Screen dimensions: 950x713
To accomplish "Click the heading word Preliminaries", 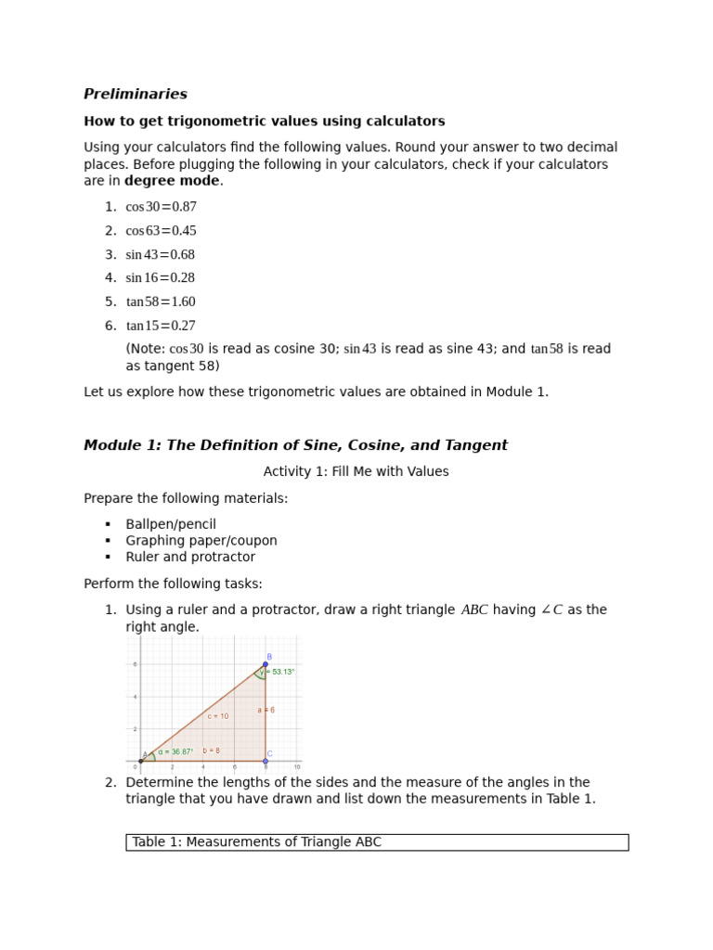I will (x=136, y=95).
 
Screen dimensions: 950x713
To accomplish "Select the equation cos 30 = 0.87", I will (x=162, y=207).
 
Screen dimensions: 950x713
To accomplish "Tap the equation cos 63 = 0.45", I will (x=162, y=231).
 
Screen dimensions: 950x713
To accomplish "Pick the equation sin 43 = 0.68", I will (x=161, y=254).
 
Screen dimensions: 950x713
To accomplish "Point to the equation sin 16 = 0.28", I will (x=161, y=278).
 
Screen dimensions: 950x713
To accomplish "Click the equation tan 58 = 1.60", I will (x=161, y=302).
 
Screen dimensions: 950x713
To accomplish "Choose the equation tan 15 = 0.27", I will (x=161, y=326).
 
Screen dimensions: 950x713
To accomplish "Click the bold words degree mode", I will (x=172, y=181).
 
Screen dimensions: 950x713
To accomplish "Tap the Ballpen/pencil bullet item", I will (x=171, y=524).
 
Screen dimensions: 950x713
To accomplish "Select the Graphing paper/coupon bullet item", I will (x=201, y=541).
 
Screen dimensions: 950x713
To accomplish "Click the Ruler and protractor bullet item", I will (x=190, y=558).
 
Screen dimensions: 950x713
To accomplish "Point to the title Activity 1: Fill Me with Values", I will (x=356, y=471).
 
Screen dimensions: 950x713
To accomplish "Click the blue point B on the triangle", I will (x=266, y=664).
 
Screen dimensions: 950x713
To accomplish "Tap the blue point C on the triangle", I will (x=266, y=761).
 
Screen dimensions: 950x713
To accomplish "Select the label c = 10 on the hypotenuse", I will (x=218, y=716).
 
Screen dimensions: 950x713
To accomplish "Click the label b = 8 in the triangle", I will (x=211, y=751).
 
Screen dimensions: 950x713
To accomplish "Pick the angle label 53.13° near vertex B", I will (x=281, y=672).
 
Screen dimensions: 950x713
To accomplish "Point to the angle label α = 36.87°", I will (x=175, y=751).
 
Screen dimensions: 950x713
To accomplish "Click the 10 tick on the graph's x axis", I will (x=297, y=767).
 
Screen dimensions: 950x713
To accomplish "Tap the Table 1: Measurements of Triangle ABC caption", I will (x=256, y=842).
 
